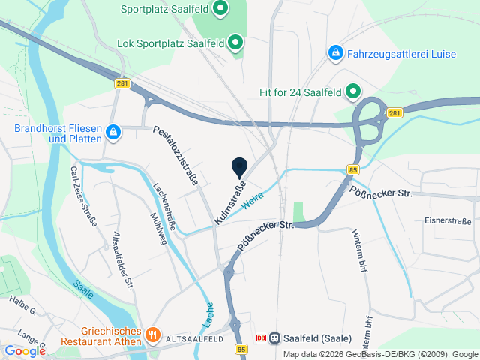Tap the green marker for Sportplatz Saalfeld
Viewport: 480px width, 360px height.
pos(220,10)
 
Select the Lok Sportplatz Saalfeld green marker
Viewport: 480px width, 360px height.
pos(235,43)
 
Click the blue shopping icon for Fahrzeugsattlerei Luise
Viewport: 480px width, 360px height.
pos(335,53)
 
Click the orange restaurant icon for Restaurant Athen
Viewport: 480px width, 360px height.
pos(151,333)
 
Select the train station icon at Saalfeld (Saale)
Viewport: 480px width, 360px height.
pos(274,338)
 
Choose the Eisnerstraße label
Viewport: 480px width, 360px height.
pos(448,220)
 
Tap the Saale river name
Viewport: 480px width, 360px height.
pos(83,289)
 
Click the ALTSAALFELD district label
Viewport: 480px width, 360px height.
pos(195,339)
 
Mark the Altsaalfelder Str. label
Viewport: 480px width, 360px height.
pos(122,259)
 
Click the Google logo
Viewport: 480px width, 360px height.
pos(24,350)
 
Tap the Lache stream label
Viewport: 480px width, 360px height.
pos(208,318)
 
